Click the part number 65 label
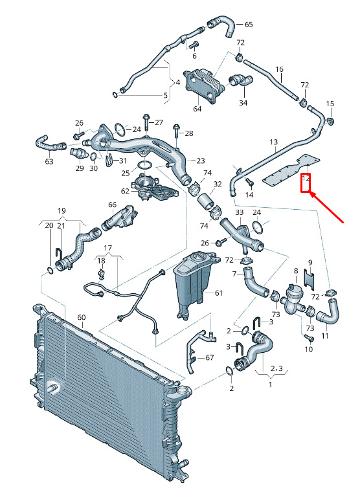(x=249, y=25)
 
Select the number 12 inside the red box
(x=306, y=179)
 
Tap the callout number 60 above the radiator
(x=81, y=317)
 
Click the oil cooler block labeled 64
(x=204, y=86)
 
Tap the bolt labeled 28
(x=176, y=133)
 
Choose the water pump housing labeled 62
(x=153, y=188)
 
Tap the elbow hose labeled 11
(x=328, y=312)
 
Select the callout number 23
(x=201, y=161)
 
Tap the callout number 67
(x=209, y=357)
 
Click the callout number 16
(x=279, y=69)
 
